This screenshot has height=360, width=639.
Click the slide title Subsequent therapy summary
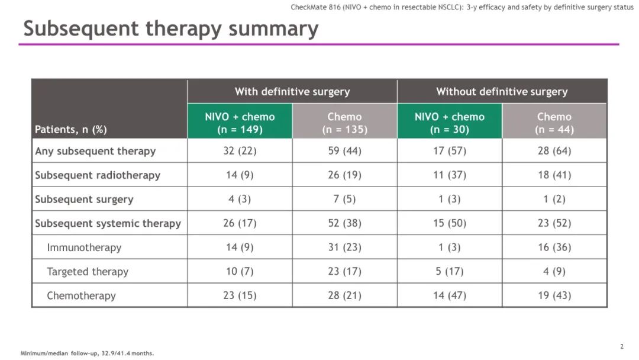tap(170, 28)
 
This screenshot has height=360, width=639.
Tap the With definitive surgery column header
tap(292, 92)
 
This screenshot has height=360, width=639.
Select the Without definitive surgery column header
tap(502, 92)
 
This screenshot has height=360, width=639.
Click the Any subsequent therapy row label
tap(95, 151)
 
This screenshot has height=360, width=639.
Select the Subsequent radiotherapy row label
tap(98, 175)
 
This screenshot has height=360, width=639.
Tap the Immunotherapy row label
tap(84, 247)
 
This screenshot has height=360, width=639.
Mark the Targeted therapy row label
tap(88, 272)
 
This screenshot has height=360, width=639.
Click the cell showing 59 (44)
tap(344, 151)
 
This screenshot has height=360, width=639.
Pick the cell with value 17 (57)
tap(450, 151)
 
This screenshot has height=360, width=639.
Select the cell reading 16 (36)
tap(554, 247)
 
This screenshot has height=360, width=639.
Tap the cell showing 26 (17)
tap(240, 223)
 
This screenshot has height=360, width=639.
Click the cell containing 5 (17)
tap(450, 272)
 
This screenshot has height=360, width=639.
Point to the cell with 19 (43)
tap(554, 295)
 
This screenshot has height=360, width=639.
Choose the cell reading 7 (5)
tap(344, 200)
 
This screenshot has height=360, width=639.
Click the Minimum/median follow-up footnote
tap(87, 353)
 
